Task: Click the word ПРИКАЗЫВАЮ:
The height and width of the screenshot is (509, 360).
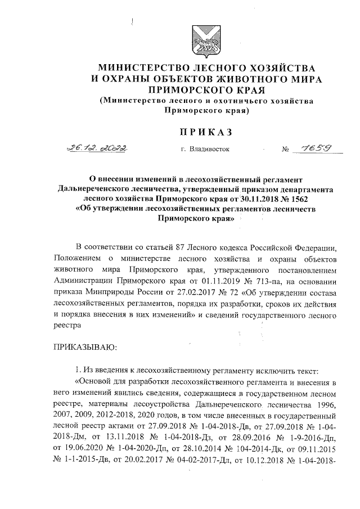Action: pos(84,346)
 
